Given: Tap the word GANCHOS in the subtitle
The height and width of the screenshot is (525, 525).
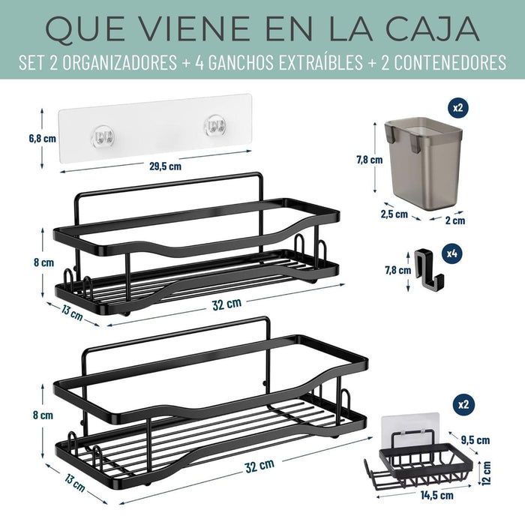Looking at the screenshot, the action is point(240,62).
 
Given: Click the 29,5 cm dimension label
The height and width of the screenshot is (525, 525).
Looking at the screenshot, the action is point(166,166).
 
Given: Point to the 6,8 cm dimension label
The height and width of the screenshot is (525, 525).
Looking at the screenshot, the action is point(43,138).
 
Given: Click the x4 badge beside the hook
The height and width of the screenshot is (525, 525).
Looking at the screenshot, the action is point(452,253).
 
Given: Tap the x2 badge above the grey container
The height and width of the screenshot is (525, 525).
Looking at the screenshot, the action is point(457,107).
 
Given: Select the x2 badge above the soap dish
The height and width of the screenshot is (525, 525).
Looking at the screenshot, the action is point(463,404).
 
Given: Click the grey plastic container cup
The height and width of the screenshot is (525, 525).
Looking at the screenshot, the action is point(424,163).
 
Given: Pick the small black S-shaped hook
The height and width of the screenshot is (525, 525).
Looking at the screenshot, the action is point(428,268).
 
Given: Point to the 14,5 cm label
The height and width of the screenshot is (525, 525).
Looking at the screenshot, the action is point(437,495).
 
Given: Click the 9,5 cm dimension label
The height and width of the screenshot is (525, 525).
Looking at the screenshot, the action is point(475,439).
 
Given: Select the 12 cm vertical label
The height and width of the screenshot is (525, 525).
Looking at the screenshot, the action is point(487,472).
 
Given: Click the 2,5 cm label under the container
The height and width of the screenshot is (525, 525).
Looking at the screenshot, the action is point(394,214).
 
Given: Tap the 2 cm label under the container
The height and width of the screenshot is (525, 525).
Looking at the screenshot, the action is point(455,220).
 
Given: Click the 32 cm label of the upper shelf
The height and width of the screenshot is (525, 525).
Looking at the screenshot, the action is point(226,304).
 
